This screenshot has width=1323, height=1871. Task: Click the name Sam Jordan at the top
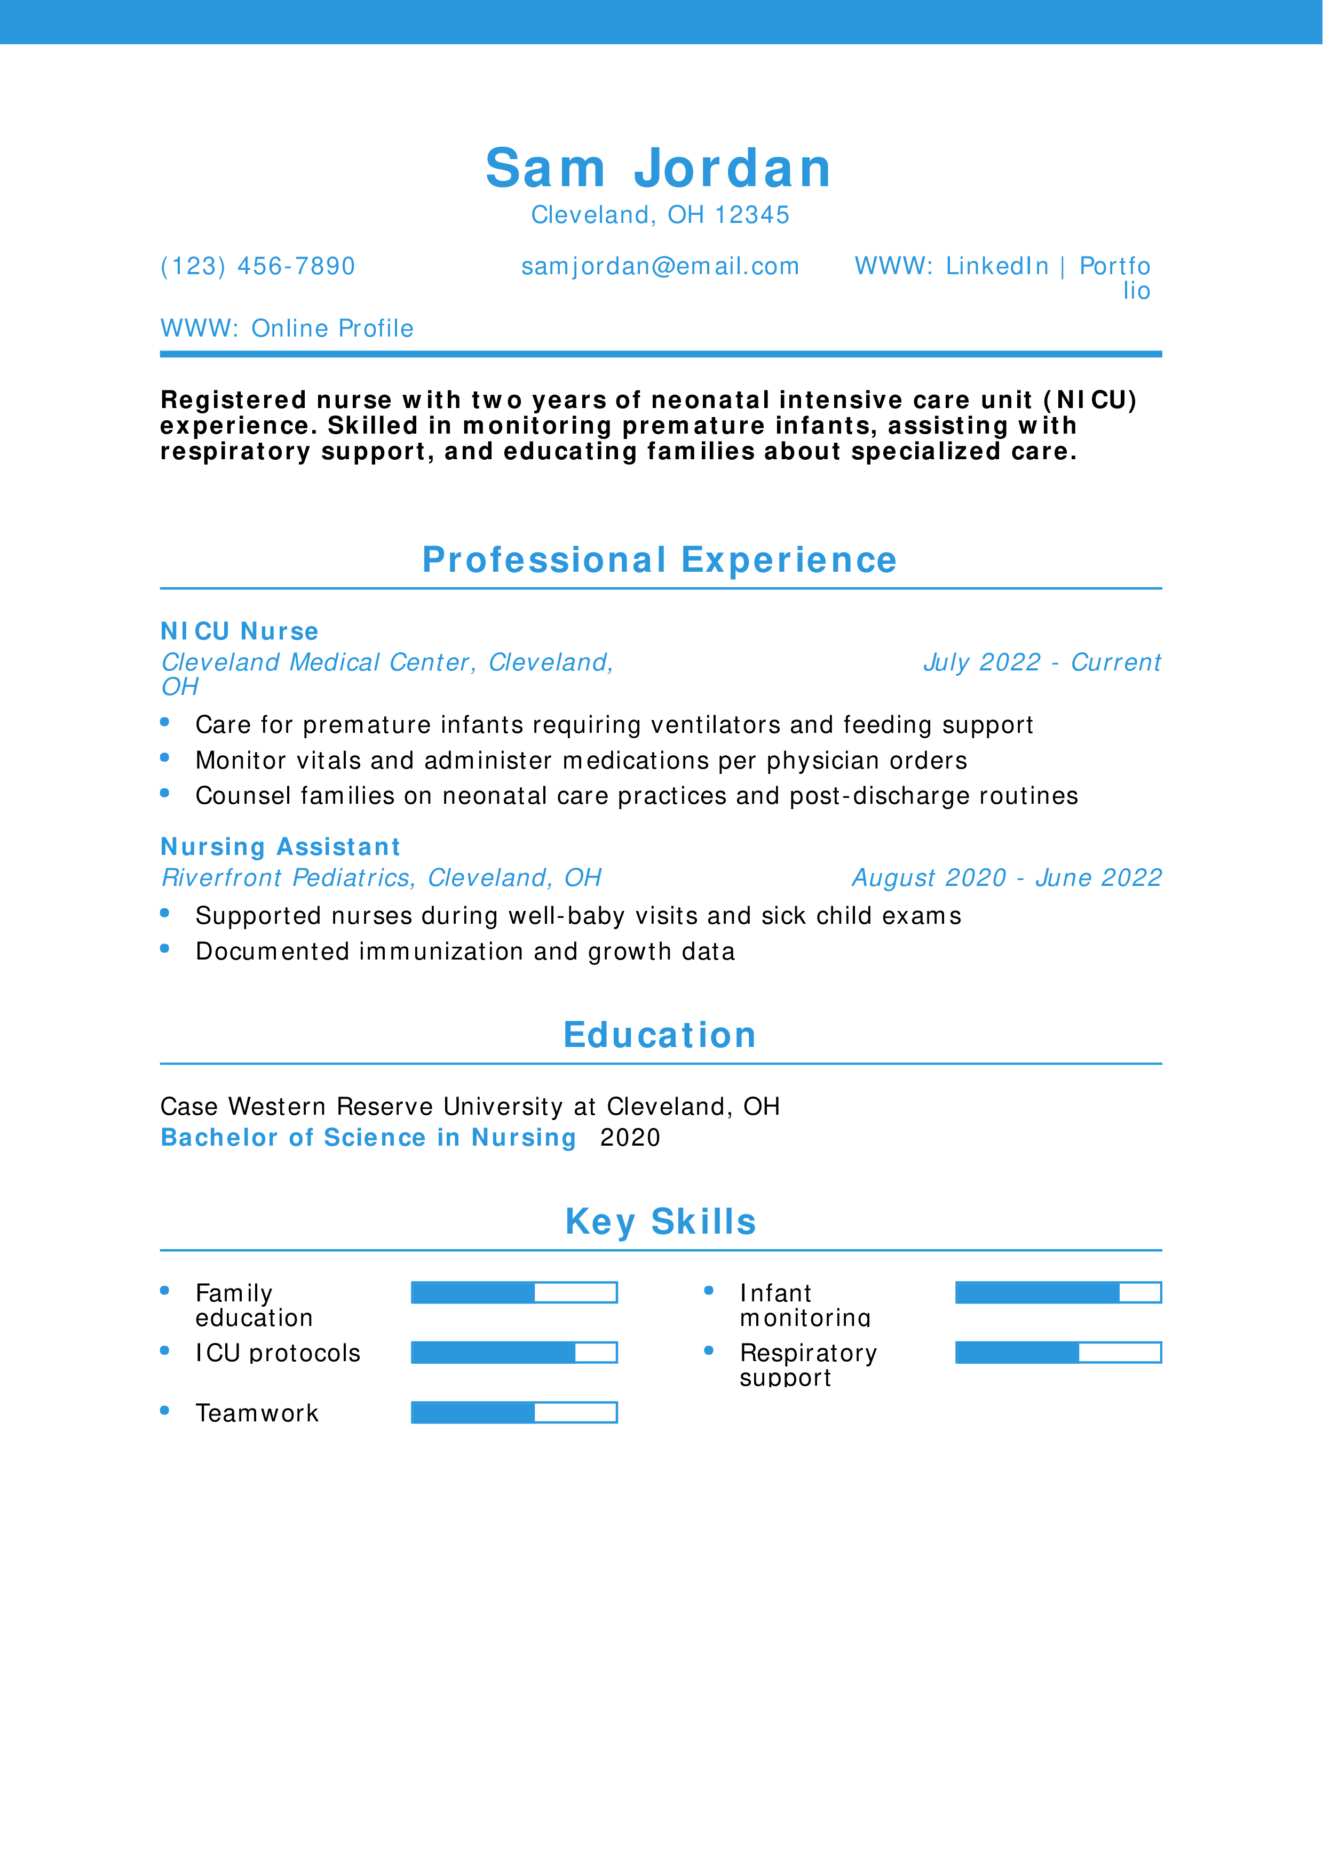pos(659,168)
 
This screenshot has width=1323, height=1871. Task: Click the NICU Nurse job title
pos(239,631)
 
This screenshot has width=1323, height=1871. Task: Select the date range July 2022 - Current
pos(1042,662)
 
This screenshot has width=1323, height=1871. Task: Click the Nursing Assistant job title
pos(280,846)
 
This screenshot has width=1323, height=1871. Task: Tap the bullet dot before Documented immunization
pos(165,948)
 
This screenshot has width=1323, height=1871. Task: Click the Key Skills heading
pos(660,1221)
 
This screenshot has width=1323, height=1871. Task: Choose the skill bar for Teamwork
pos(513,1412)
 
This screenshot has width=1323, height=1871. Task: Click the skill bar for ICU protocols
pos(513,1353)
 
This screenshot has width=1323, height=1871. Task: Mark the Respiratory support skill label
pos(808,1365)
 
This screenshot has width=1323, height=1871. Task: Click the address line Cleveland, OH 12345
pos(660,214)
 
